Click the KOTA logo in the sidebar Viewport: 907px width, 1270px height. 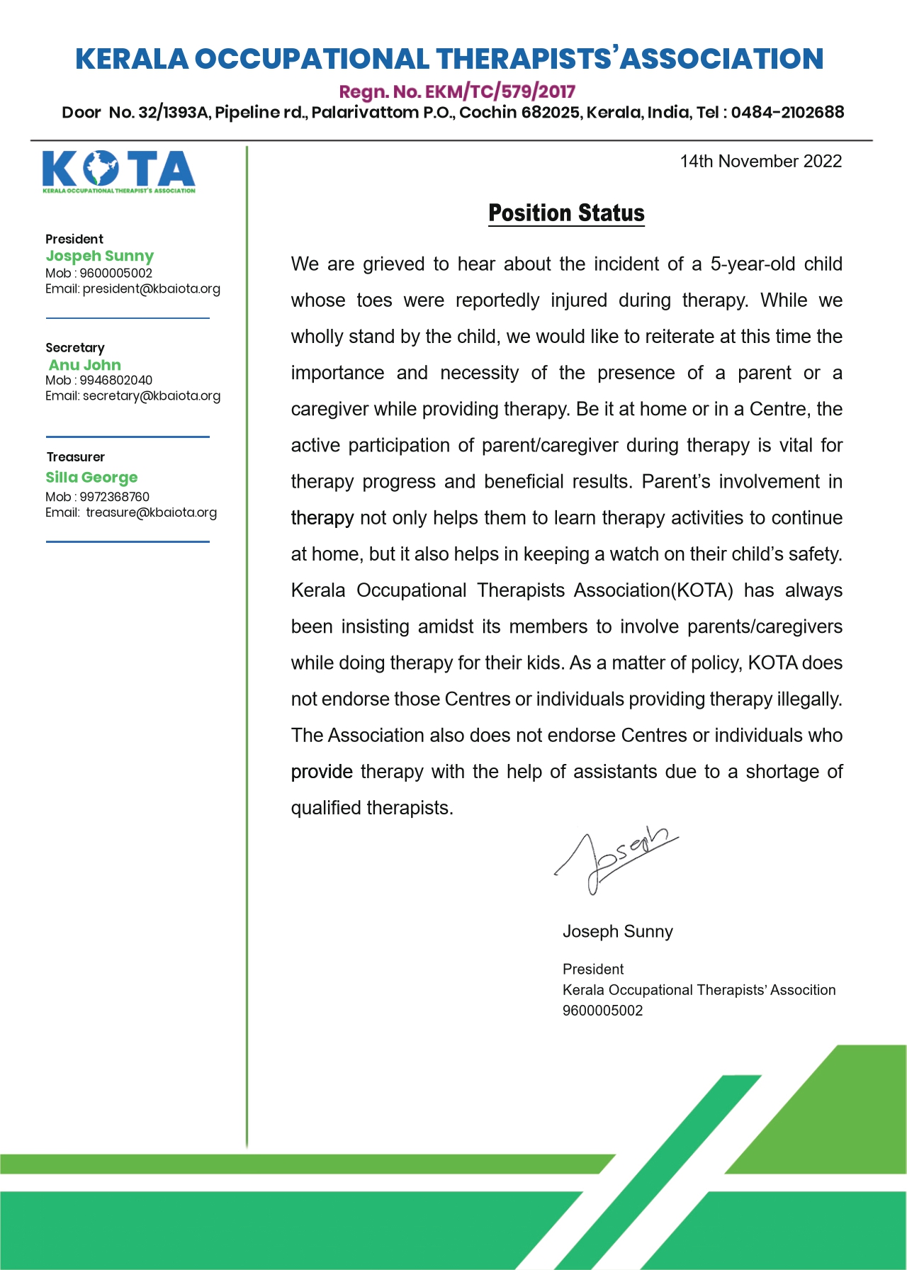[x=118, y=171]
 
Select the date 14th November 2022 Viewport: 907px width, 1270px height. [x=760, y=162]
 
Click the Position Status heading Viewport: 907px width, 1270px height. [x=566, y=213]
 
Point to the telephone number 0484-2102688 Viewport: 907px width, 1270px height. [x=787, y=112]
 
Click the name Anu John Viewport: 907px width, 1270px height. [x=85, y=365]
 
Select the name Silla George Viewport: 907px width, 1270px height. [x=91, y=477]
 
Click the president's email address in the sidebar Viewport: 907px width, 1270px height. [x=151, y=288]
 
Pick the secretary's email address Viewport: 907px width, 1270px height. [x=152, y=395]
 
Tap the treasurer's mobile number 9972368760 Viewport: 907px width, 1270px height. [x=114, y=497]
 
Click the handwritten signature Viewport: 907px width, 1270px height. [x=615, y=859]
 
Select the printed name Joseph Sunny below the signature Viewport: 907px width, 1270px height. [x=617, y=931]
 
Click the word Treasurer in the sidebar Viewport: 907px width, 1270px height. [x=75, y=457]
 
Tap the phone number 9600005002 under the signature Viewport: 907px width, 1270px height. [x=602, y=1011]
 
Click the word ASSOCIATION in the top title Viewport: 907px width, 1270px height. [x=721, y=59]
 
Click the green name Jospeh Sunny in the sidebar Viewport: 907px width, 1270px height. [x=100, y=256]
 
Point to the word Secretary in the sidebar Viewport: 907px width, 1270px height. [x=74, y=348]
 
